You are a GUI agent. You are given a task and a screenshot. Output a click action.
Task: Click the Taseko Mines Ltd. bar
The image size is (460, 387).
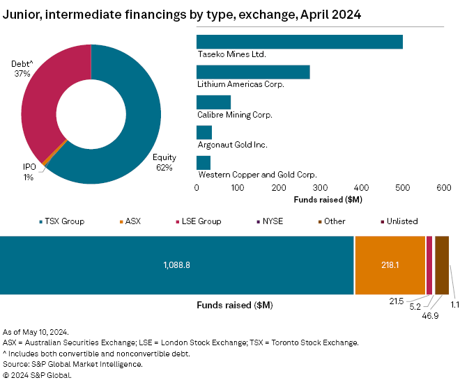point(300,42)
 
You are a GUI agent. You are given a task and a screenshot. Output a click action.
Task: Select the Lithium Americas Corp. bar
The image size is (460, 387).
point(253,72)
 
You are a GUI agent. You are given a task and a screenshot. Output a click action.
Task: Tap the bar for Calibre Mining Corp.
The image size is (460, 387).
point(213,102)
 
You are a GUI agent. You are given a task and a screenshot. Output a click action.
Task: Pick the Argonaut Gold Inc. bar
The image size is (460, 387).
point(204,132)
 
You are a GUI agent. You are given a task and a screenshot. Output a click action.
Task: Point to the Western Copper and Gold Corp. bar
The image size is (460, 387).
point(204,163)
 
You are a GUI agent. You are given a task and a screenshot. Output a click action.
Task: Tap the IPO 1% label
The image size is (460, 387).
point(29,172)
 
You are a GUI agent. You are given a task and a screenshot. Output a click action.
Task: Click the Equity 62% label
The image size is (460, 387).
point(164,162)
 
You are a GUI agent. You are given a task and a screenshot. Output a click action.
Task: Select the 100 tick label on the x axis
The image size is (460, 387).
point(238,187)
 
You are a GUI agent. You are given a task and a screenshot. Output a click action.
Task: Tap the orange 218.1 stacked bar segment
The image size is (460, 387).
point(390,265)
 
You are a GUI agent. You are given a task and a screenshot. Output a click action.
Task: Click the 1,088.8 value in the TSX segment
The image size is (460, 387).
point(177,265)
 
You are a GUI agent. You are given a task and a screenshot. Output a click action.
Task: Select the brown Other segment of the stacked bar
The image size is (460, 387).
point(442,265)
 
